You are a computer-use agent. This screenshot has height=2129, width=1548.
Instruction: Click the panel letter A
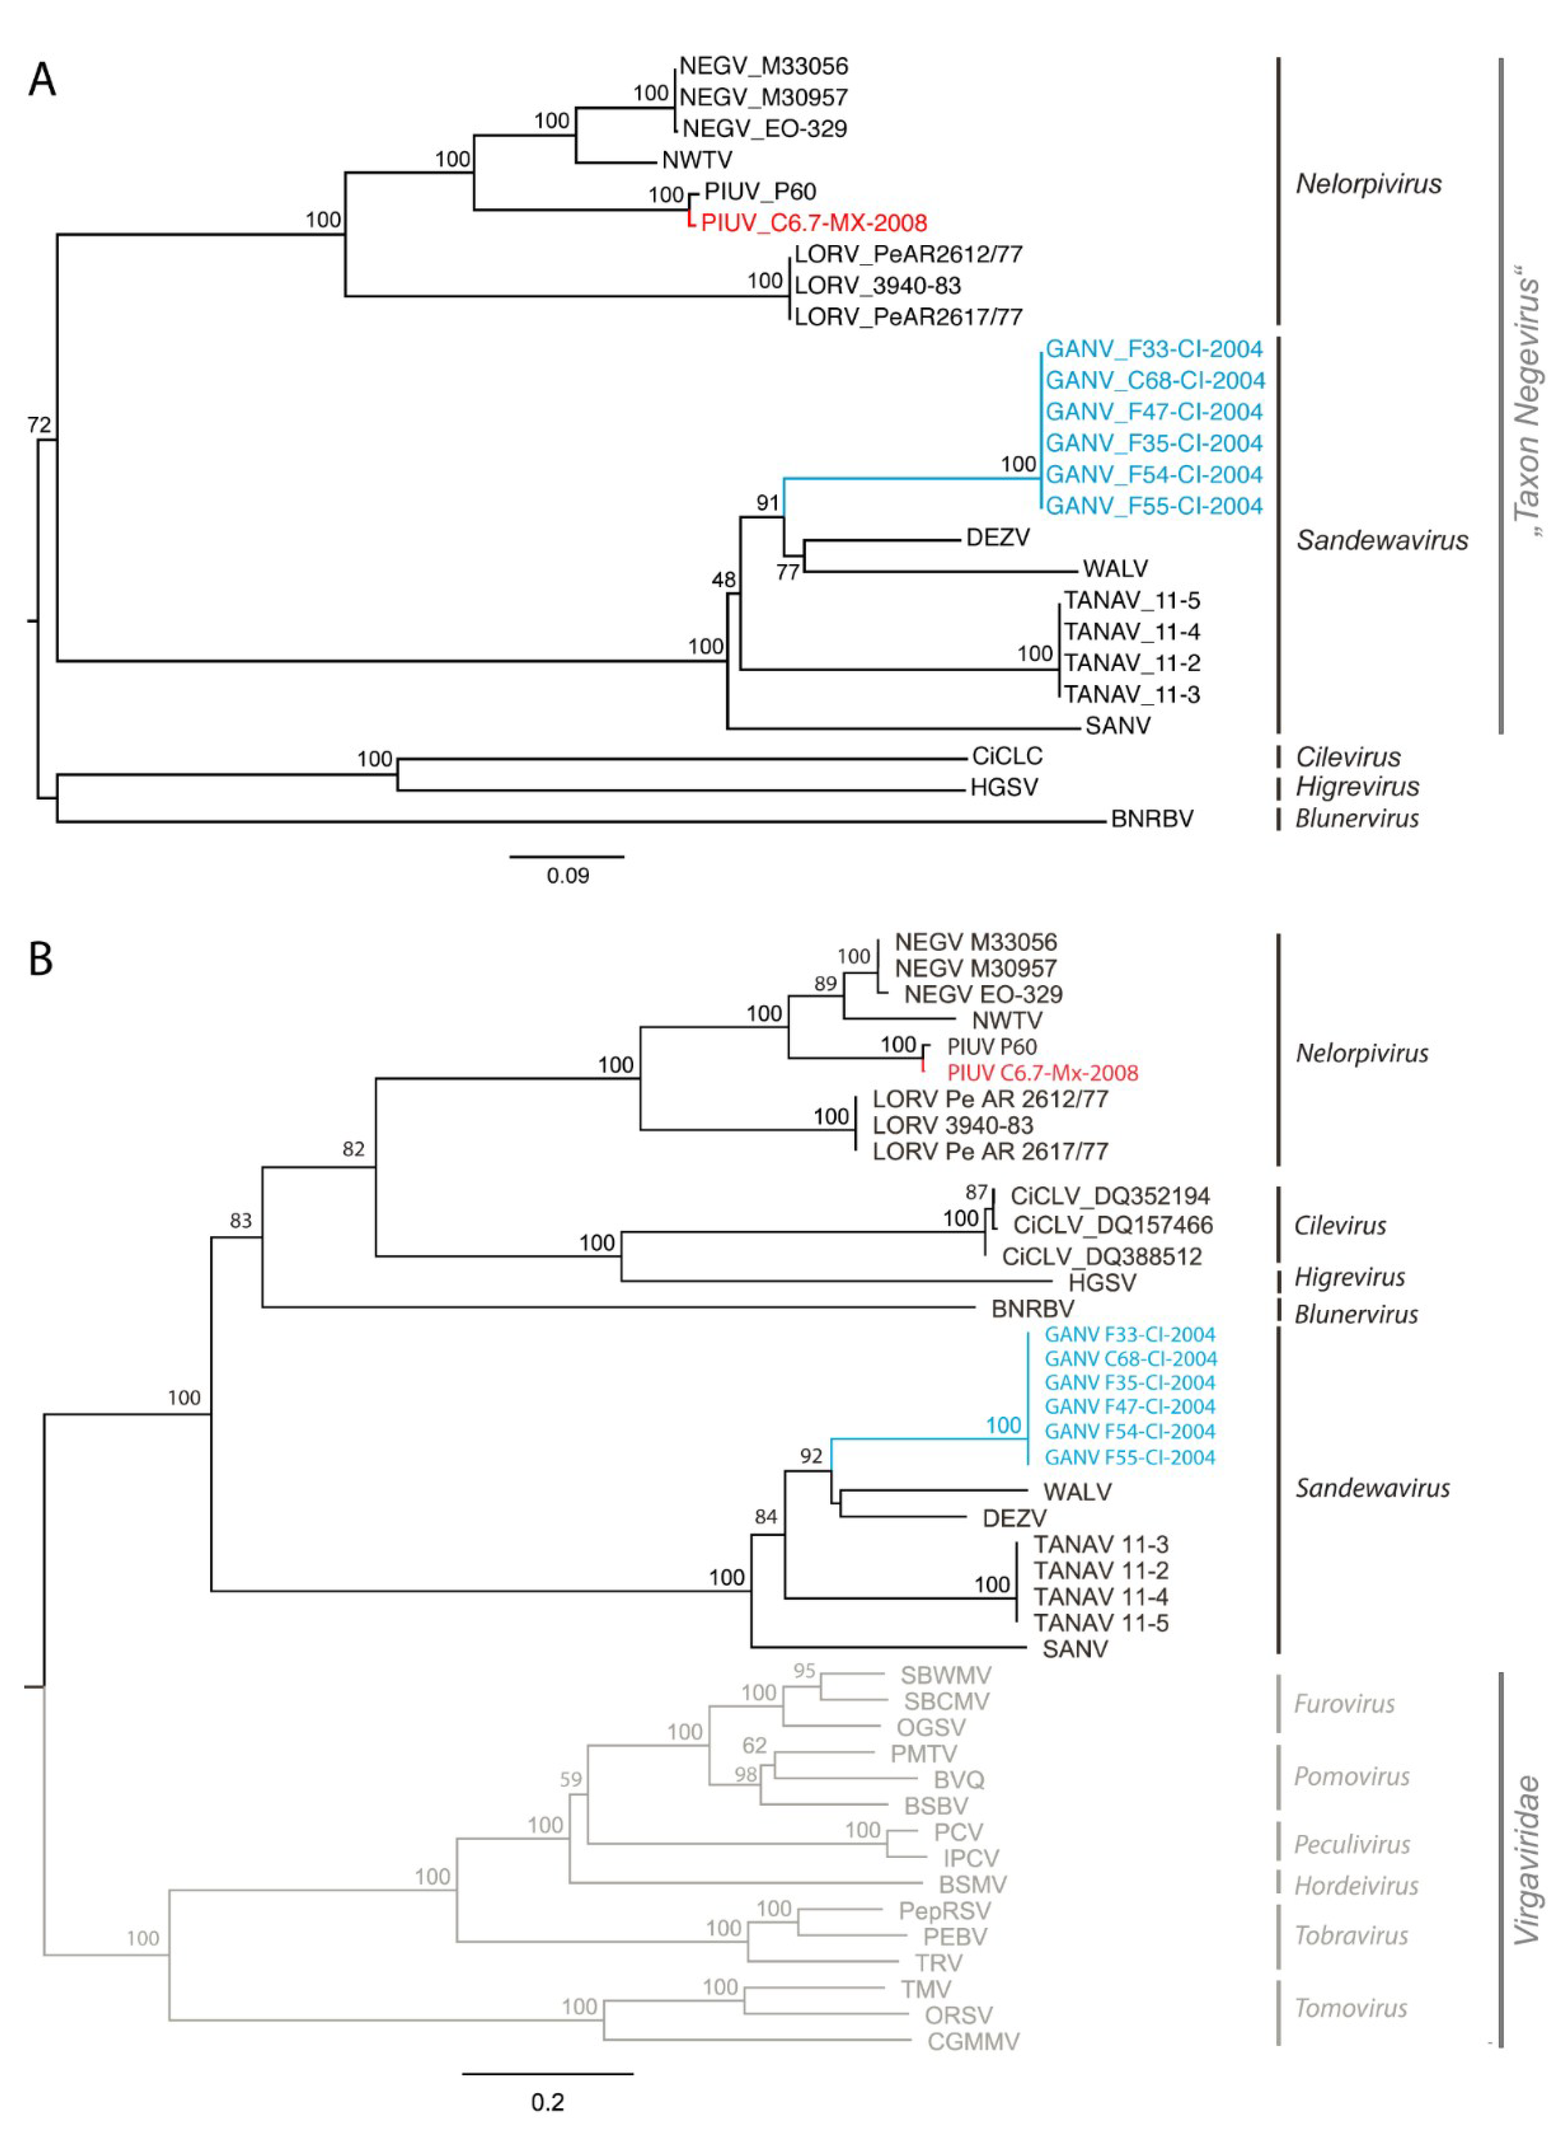[42, 80]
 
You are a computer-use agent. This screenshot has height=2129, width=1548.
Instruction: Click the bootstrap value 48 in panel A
[723, 580]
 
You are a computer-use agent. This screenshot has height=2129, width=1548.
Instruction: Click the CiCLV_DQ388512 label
[1101, 1256]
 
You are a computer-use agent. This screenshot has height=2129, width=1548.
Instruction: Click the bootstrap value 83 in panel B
[240, 1220]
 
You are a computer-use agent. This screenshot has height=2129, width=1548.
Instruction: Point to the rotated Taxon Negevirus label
[1527, 408]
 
